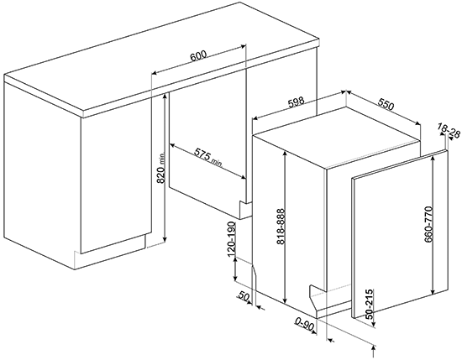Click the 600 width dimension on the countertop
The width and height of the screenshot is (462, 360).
[198, 55]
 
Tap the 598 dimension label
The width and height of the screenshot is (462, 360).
[296, 102]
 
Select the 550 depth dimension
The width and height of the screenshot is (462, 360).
[386, 105]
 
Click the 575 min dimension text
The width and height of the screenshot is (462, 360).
[207, 158]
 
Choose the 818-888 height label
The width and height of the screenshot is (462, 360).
[281, 227]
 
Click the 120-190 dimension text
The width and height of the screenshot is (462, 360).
[232, 237]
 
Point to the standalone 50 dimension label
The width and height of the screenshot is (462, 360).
[243, 296]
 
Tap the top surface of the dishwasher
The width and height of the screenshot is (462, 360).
[336, 138]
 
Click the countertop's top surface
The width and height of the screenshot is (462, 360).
[162, 57]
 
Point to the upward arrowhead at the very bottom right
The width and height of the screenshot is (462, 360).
[374, 348]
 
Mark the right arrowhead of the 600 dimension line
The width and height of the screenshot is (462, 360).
[243, 46]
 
